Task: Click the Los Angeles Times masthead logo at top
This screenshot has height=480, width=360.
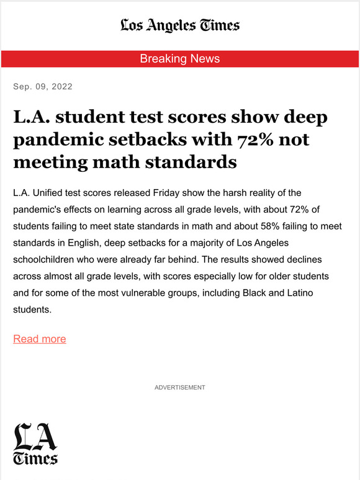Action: click(180, 25)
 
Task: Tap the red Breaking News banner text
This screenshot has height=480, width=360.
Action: click(180, 59)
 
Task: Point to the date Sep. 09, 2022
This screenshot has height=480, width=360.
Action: click(43, 86)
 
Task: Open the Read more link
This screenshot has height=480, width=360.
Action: click(40, 339)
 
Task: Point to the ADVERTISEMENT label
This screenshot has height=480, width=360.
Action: click(180, 388)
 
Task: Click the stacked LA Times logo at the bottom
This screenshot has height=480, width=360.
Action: click(35, 443)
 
